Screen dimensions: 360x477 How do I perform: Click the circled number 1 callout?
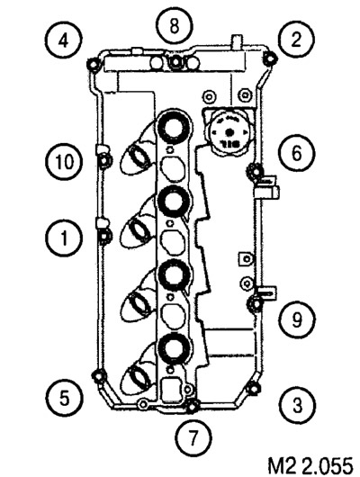click(x=64, y=238)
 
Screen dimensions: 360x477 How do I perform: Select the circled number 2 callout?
click(x=295, y=40)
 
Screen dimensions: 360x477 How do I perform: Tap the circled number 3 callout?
click(x=297, y=405)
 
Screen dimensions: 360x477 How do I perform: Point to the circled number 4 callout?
click(x=64, y=40)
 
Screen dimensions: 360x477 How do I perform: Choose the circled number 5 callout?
click(x=64, y=398)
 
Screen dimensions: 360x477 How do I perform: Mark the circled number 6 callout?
click(x=297, y=153)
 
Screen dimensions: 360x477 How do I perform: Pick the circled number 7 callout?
click(x=193, y=438)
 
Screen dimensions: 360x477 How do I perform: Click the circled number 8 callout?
click(x=175, y=26)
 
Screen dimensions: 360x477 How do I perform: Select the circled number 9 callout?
click(x=297, y=319)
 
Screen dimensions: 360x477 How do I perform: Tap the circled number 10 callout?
click(x=64, y=161)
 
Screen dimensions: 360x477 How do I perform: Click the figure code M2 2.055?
click(x=310, y=464)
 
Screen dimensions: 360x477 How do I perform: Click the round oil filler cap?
click(x=229, y=132)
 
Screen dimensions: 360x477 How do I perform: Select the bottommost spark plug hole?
click(x=175, y=350)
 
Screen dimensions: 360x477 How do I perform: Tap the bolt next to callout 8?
click(x=175, y=62)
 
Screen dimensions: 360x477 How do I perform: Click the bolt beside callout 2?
click(x=269, y=58)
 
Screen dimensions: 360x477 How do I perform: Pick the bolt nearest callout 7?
click(x=192, y=407)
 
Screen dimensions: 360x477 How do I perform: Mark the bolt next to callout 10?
click(x=105, y=159)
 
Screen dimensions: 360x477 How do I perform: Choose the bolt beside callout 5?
click(x=99, y=376)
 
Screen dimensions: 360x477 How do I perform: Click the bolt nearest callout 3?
click(x=252, y=388)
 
